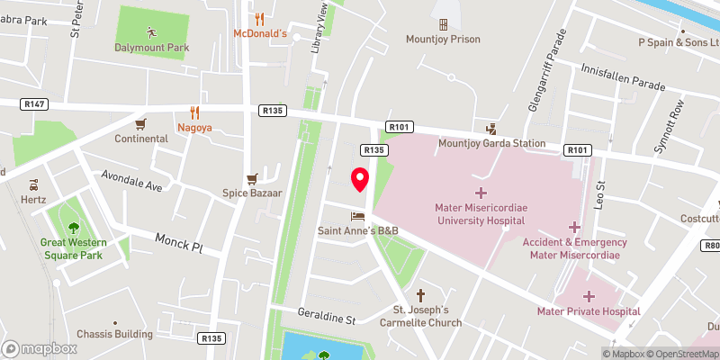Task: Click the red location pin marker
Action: click(360, 180)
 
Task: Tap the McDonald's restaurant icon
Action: click(259, 18)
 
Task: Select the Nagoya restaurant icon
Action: click(194, 112)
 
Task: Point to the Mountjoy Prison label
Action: click(443, 39)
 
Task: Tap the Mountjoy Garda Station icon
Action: click(491, 129)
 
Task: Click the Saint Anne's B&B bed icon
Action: click(358, 216)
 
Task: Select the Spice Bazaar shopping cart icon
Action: click(253, 178)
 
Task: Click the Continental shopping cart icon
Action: click(140, 124)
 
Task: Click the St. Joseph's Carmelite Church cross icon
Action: click(420, 295)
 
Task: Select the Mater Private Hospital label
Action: click(588, 311)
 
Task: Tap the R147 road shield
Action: click(32, 105)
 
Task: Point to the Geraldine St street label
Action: click(328, 319)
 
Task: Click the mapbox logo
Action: click(40, 348)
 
